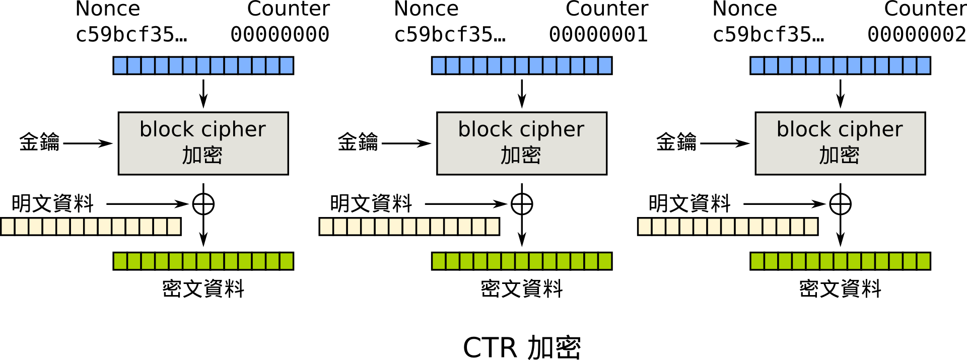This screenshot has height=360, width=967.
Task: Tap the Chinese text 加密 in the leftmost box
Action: (x=202, y=155)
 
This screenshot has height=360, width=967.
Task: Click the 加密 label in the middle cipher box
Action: (x=521, y=155)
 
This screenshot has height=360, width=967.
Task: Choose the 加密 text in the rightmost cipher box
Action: (x=840, y=155)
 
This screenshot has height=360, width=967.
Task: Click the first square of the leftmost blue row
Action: (x=120, y=65)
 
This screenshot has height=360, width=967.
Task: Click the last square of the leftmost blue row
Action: (x=286, y=65)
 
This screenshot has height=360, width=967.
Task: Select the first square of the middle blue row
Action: (x=439, y=65)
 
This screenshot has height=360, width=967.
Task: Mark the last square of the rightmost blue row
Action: (x=923, y=65)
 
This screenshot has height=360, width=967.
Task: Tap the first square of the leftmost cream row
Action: (x=8, y=227)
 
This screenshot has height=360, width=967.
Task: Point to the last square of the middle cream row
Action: (x=492, y=227)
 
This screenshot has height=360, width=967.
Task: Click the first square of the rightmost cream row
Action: (x=645, y=227)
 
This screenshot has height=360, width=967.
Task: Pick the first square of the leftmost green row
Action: (x=120, y=261)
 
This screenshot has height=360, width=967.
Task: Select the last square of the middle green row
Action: (x=604, y=261)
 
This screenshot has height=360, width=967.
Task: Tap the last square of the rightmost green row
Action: (x=923, y=261)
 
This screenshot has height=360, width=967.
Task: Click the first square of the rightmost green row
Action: (x=757, y=261)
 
